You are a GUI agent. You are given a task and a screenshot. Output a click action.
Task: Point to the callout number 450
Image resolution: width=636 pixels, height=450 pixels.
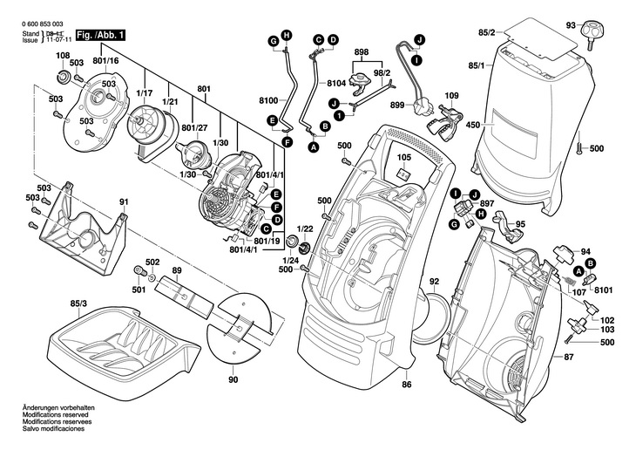point(472,126)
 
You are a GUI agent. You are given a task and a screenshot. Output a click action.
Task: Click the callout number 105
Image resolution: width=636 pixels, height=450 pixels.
point(403,158)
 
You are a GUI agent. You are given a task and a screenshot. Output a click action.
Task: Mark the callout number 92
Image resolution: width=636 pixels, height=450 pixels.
point(434,282)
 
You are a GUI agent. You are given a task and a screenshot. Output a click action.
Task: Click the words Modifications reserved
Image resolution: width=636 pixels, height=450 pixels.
point(59,414)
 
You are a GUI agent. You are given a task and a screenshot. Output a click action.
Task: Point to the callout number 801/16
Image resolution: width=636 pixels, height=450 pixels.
point(105,60)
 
